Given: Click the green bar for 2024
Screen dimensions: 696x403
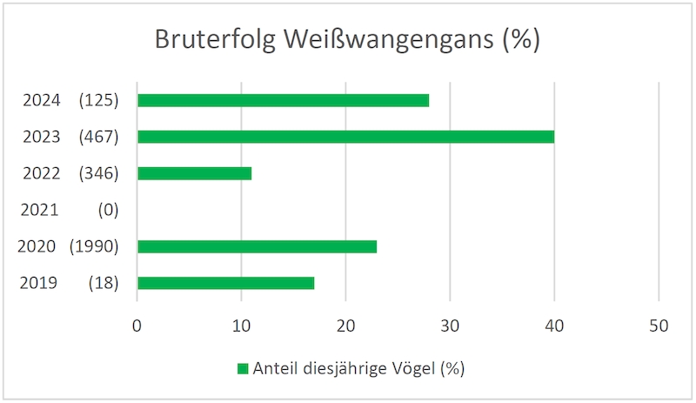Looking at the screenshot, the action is [284, 100].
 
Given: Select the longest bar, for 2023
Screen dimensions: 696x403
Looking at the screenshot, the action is [345, 137].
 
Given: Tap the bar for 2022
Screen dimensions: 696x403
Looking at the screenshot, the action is [194, 173].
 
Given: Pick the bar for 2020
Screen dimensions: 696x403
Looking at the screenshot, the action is [257, 246].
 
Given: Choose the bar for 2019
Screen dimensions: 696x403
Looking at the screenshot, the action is [226, 283].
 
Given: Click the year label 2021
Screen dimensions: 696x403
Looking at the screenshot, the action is [39, 210].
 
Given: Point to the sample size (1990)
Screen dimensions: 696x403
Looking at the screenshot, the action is [94, 246].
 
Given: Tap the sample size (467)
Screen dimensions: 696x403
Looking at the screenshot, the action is [98, 137].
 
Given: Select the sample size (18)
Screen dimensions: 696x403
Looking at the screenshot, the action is [104, 283].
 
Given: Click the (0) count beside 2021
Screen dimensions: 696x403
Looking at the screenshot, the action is [108, 210].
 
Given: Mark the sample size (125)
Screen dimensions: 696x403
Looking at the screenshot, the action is [98, 100].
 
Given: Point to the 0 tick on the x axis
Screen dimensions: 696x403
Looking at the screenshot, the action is [137, 326].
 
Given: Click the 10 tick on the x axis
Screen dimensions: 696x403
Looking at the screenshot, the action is [242, 326].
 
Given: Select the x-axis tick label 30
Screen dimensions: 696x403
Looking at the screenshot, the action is [450, 326].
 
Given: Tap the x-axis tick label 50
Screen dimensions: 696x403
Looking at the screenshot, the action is [659, 326].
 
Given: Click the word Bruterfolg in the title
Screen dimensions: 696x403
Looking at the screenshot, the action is [215, 39].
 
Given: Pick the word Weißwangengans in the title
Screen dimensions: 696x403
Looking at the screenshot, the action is [389, 39].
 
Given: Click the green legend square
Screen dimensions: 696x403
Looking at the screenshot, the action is [243, 369].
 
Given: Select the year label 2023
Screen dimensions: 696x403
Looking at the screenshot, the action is [41, 137].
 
